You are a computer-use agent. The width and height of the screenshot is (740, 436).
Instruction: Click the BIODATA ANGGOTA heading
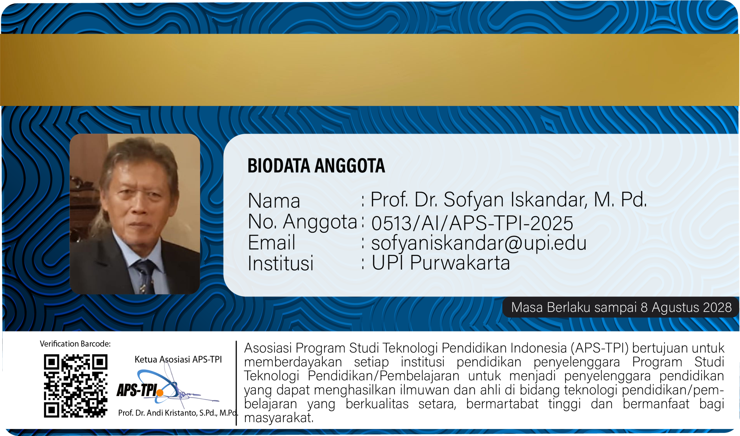316,165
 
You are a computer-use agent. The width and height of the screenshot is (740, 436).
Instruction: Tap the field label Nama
274,201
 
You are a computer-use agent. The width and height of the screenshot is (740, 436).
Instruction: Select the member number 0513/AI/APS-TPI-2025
472,223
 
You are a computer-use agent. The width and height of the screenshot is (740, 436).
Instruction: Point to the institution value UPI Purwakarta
441,262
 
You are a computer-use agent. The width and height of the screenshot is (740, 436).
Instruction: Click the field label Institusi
281,263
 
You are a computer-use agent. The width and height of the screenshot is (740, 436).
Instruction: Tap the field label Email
271,242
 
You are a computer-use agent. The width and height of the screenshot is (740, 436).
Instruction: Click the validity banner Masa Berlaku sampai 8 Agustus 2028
621,307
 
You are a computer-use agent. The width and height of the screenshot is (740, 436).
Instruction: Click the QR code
76,386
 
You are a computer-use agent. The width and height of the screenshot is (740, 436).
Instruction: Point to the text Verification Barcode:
75,344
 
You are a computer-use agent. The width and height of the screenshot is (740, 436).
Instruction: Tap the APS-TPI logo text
137,390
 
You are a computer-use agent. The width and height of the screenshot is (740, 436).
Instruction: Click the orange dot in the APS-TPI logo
160,393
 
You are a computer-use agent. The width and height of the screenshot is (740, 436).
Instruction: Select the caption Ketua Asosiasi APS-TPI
178,359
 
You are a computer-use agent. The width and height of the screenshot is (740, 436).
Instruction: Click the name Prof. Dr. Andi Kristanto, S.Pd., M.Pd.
178,413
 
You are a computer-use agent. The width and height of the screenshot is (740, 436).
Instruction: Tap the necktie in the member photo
145,276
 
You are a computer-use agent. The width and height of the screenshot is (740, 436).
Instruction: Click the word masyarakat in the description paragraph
279,418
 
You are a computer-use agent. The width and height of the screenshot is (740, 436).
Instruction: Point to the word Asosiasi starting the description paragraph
268,348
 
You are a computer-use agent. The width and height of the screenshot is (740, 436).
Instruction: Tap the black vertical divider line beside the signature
236,383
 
